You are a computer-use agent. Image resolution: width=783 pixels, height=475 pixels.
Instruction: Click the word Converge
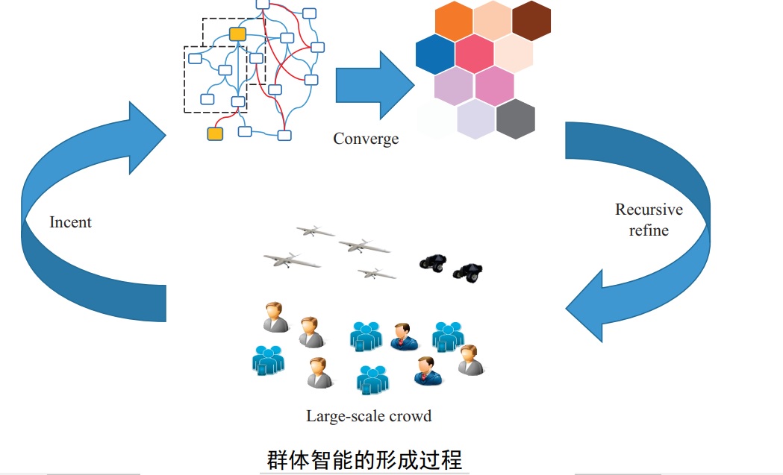coord(366,139)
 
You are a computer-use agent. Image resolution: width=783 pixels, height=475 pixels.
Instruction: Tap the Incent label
coord(70,222)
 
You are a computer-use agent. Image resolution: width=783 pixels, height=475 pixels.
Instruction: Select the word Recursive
coord(649,210)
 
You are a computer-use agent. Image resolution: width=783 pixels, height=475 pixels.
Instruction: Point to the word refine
coord(649,230)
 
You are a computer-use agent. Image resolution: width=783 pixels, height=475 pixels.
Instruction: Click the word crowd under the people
coord(410,416)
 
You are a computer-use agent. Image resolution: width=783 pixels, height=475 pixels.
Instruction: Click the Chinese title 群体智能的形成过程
coord(365,458)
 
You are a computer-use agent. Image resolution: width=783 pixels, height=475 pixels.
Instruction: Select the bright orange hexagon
coord(454,22)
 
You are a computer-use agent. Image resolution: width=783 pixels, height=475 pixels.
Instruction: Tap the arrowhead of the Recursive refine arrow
coord(587,307)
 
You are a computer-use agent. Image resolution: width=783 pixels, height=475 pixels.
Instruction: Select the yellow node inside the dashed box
coord(237,34)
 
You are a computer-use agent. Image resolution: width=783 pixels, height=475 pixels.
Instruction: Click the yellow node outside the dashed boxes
coord(215,133)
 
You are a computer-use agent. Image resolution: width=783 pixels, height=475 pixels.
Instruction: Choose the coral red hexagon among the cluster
coord(474,54)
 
